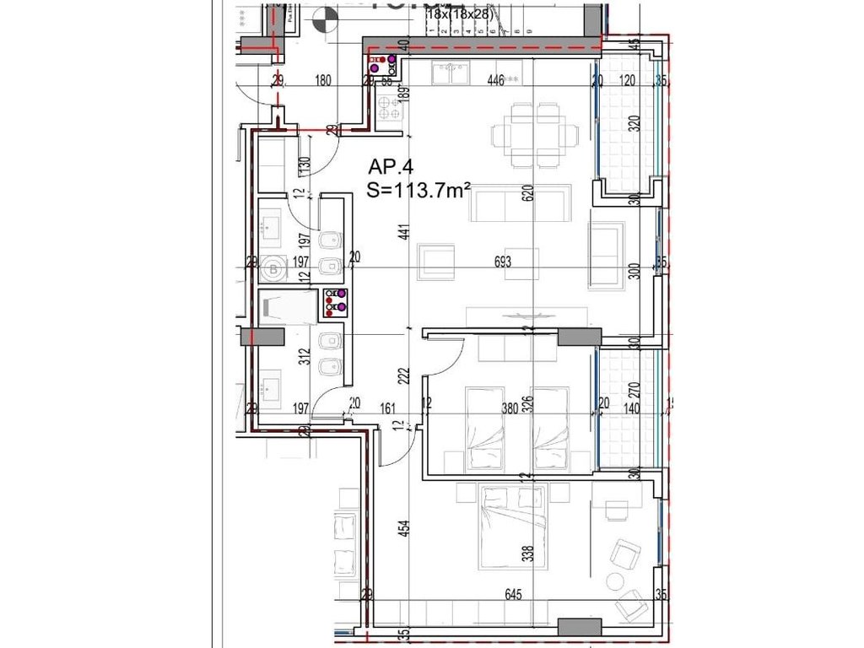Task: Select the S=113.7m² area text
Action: (x=418, y=191)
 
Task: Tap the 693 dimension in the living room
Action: (x=504, y=262)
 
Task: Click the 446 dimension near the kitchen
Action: (x=495, y=81)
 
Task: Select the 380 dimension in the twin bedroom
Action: (x=510, y=406)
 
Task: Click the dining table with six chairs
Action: (x=536, y=134)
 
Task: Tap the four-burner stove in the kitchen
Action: (x=390, y=109)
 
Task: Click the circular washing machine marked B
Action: (x=273, y=270)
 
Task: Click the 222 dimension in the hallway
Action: (x=405, y=375)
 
